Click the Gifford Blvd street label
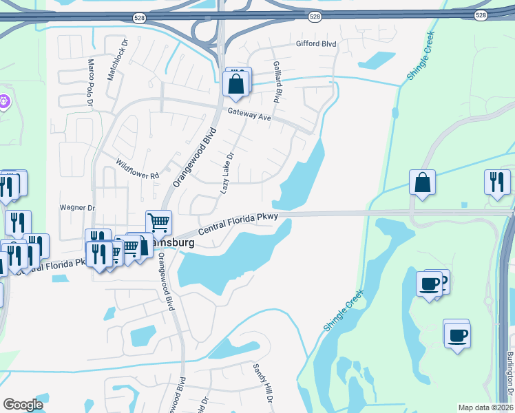[316, 44]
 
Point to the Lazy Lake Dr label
[227, 173]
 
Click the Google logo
[23, 405]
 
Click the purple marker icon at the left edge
[4, 102]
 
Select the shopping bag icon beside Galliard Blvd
[235, 85]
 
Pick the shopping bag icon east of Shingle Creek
[422, 183]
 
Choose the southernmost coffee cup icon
[457, 336]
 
